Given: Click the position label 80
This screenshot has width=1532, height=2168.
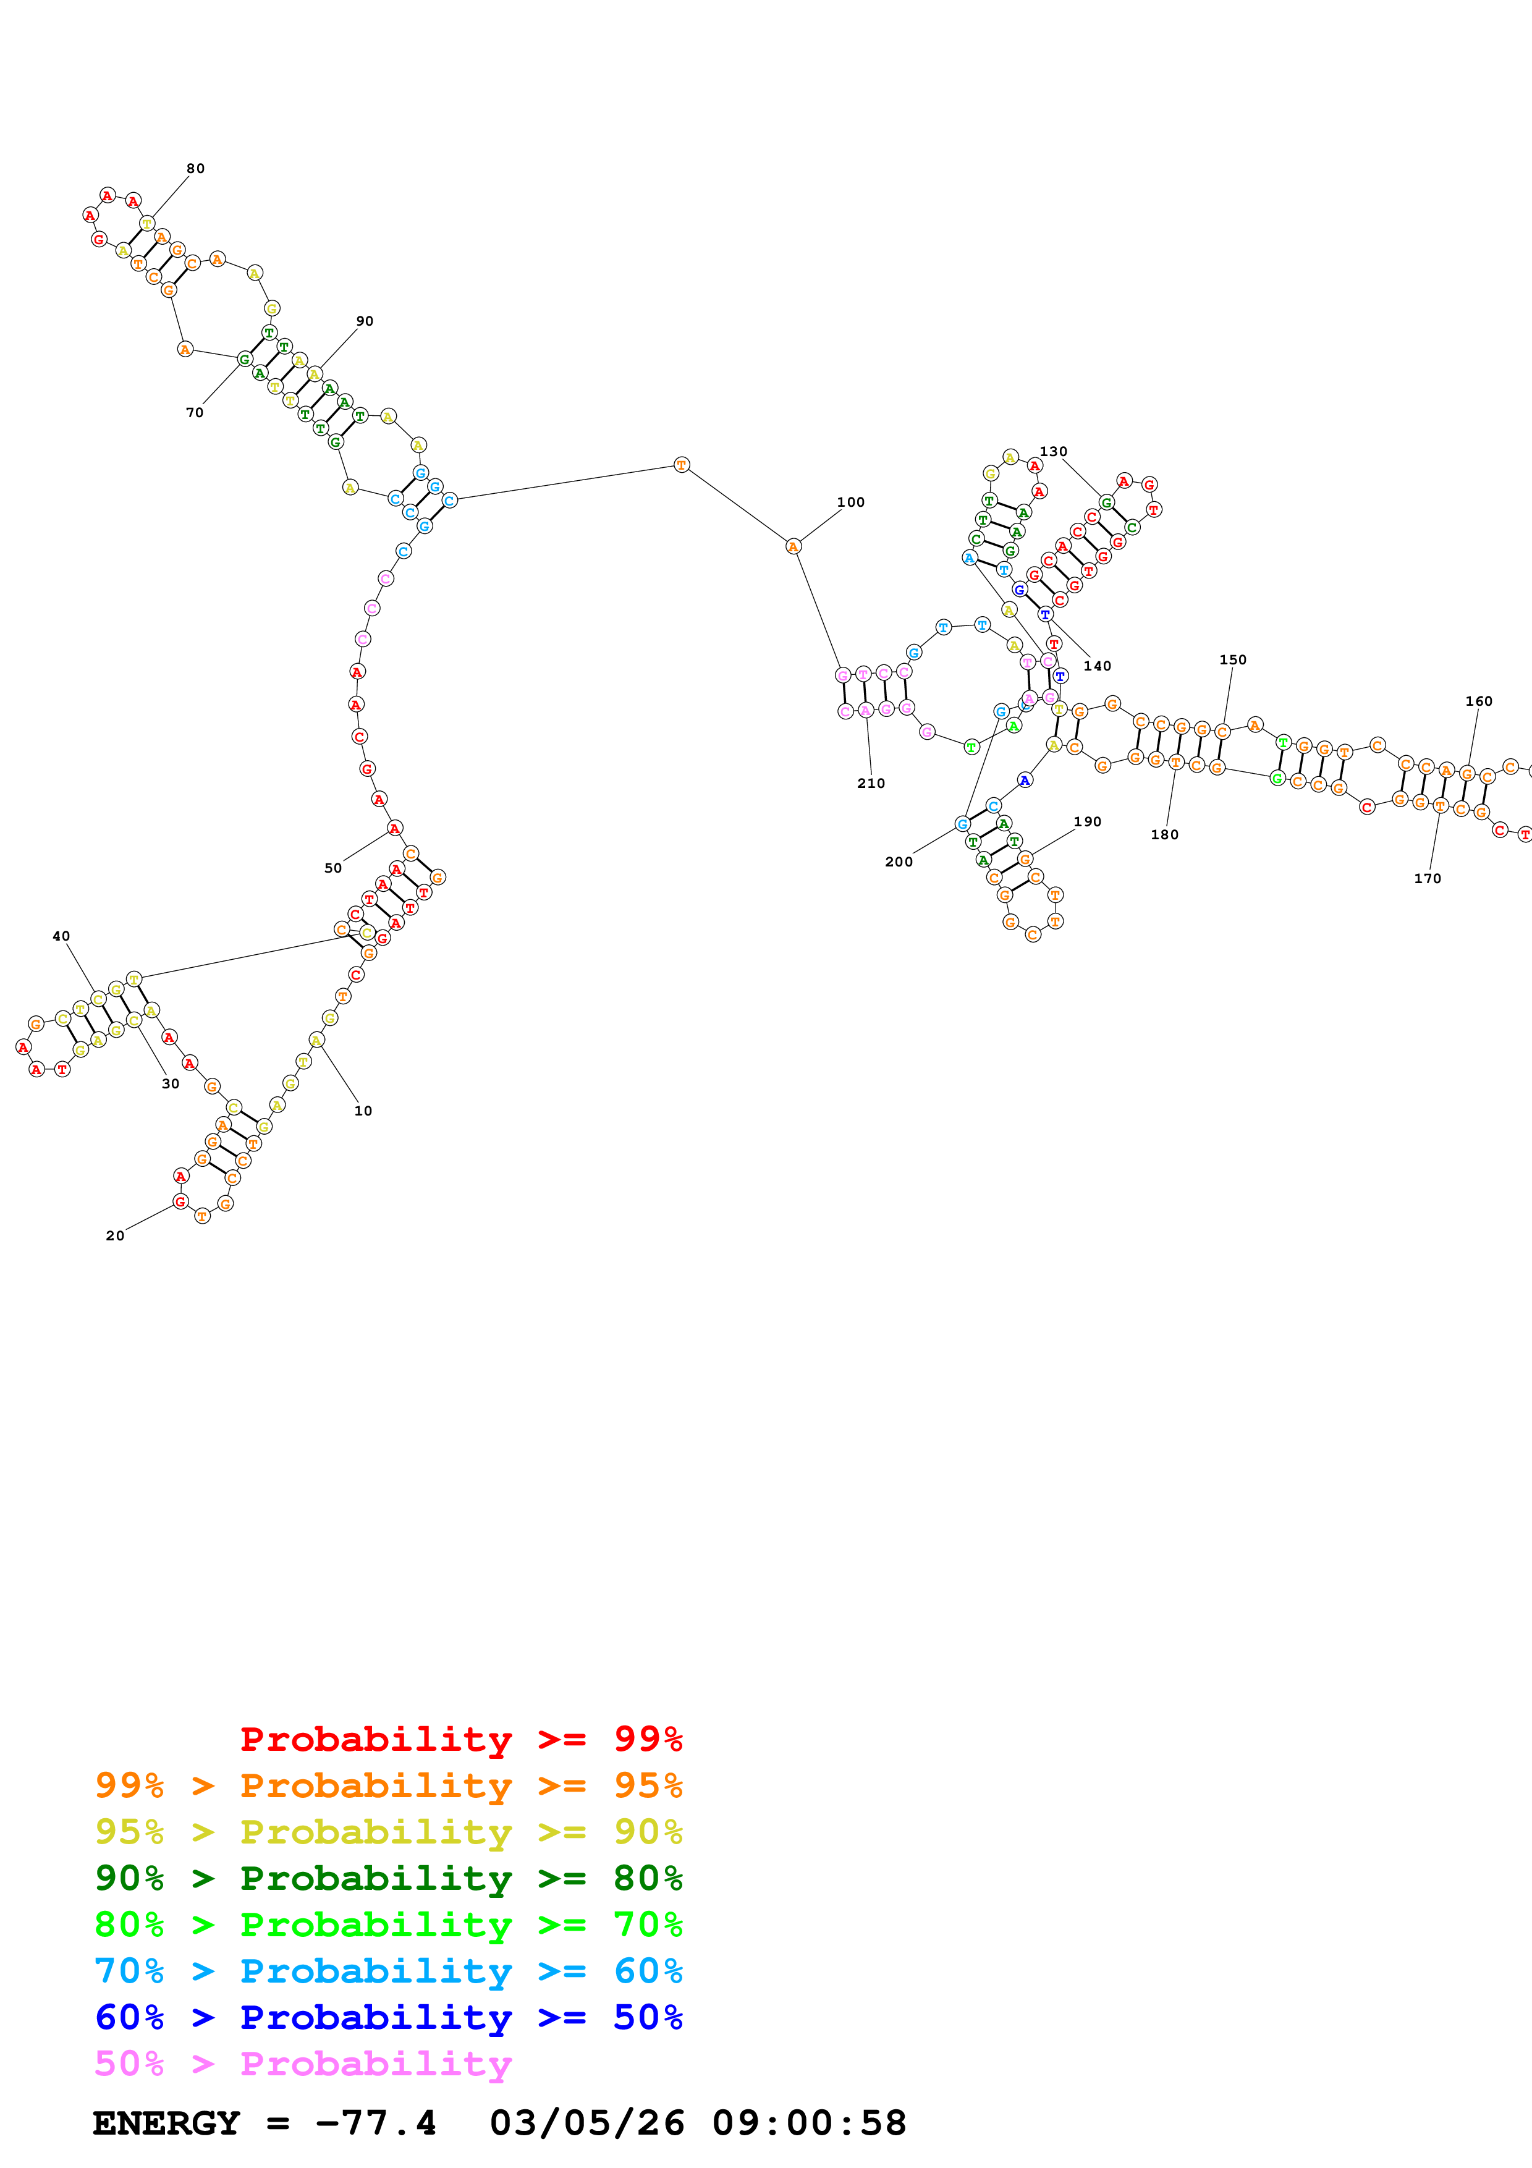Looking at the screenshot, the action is pos(195,169).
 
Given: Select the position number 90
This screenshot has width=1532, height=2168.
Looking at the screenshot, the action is pos(365,321).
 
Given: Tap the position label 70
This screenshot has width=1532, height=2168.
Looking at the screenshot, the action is pos(195,413).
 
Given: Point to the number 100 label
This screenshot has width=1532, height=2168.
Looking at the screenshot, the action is pos(850,502).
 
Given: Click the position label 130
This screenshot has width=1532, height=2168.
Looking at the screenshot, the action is pos(1054,451).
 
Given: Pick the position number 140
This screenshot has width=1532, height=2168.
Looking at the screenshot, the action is pos(1097,666).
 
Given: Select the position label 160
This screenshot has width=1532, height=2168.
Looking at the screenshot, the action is pos(1478,701).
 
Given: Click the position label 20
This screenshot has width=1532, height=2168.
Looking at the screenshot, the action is pos(115,1235).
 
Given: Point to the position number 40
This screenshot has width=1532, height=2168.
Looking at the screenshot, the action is pos(61,936).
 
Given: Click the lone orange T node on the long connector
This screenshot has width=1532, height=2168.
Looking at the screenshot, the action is pos(682,465).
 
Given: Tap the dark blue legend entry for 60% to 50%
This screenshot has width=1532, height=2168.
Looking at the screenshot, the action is pos(389,2017).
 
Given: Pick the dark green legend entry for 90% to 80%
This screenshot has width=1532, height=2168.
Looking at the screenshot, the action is pos(389,1878).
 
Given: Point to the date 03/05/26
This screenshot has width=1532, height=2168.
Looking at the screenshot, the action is pos(586,2123).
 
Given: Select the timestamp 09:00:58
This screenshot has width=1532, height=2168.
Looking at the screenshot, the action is pos(809,2123).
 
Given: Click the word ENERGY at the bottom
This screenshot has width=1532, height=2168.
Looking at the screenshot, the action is pos(166,2123).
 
